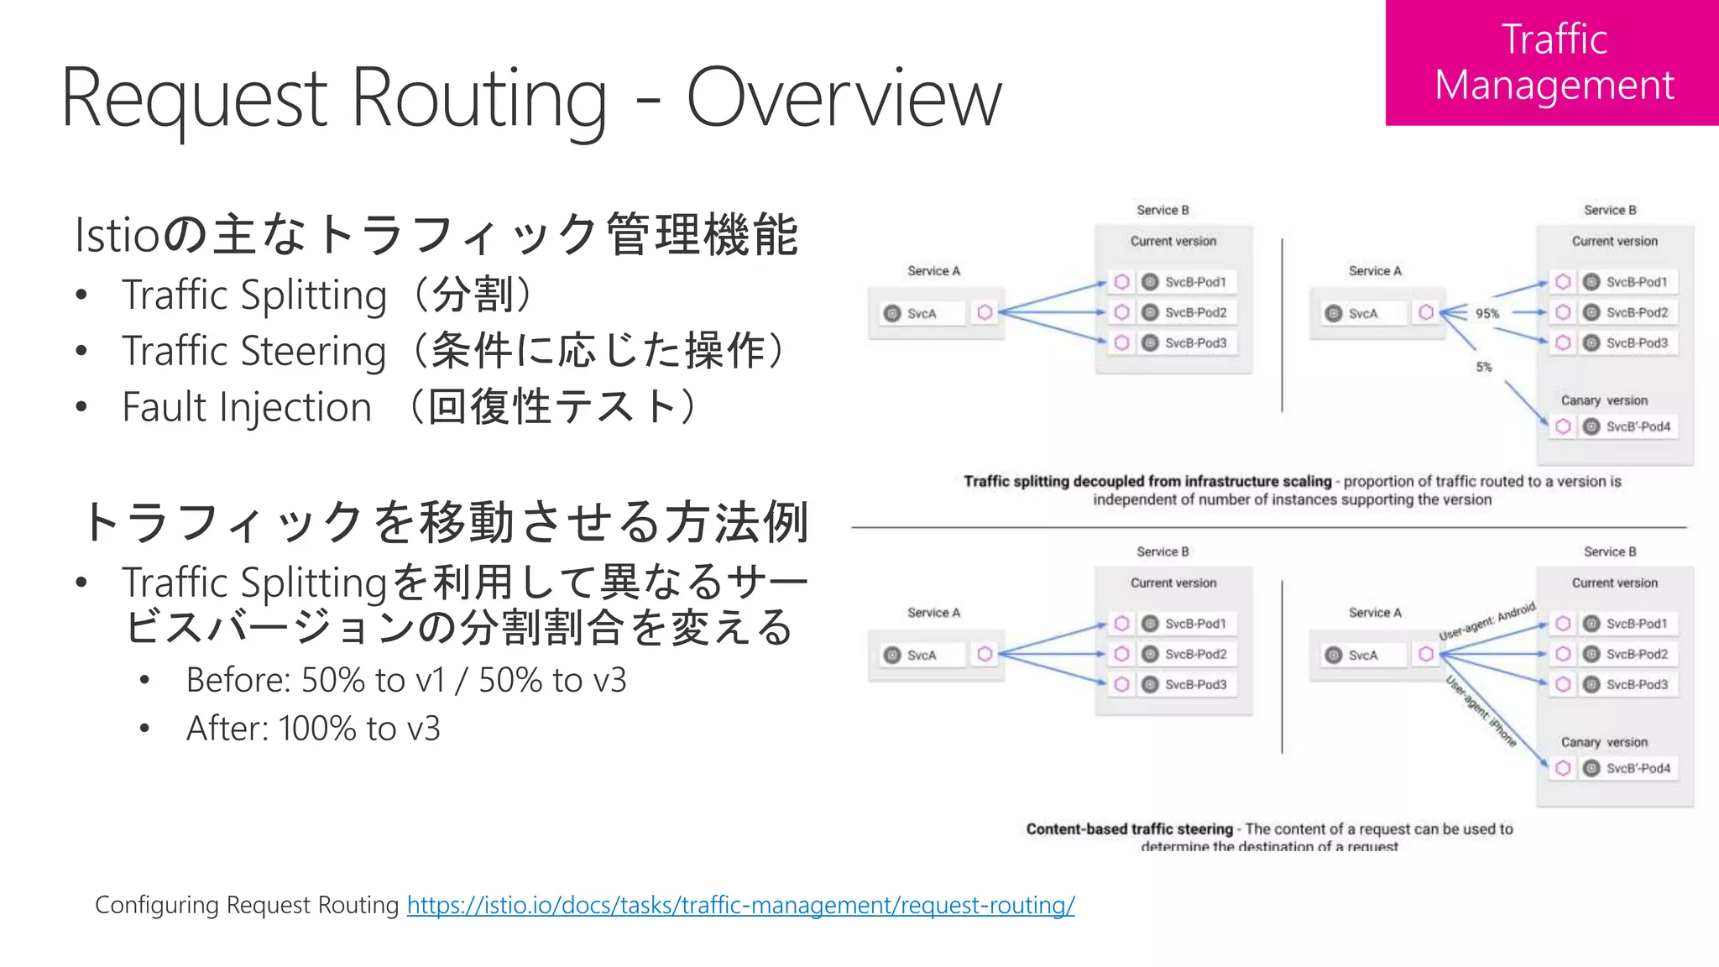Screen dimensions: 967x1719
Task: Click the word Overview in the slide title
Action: click(x=844, y=99)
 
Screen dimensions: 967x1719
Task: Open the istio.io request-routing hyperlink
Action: click(x=740, y=905)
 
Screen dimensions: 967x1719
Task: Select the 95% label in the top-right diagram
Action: click(x=1486, y=313)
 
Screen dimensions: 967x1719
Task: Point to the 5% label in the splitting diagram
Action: click(x=1484, y=367)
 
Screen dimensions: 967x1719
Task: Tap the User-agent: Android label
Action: click(x=1487, y=621)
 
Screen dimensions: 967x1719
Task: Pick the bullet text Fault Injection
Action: click(x=247, y=407)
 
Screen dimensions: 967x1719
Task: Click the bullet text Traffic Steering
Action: click(x=253, y=351)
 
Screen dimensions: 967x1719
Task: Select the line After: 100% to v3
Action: click(x=313, y=729)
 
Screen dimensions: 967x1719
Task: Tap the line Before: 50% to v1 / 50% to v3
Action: click(x=406, y=680)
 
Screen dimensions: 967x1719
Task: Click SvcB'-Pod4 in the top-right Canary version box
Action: click(x=1638, y=426)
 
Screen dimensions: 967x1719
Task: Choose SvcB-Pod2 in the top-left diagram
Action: click(x=1195, y=312)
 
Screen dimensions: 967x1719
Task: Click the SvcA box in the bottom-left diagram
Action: click(x=921, y=655)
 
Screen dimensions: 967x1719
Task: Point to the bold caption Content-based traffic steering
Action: click(x=1129, y=828)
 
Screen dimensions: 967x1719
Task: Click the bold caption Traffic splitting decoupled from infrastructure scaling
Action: click(x=1147, y=481)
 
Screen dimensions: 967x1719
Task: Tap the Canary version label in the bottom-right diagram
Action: click(x=1603, y=742)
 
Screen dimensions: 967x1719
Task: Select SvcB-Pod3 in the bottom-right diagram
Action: click(x=1637, y=684)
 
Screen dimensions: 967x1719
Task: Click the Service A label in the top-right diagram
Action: click(x=1375, y=270)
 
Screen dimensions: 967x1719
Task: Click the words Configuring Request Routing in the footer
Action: click(x=247, y=905)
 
